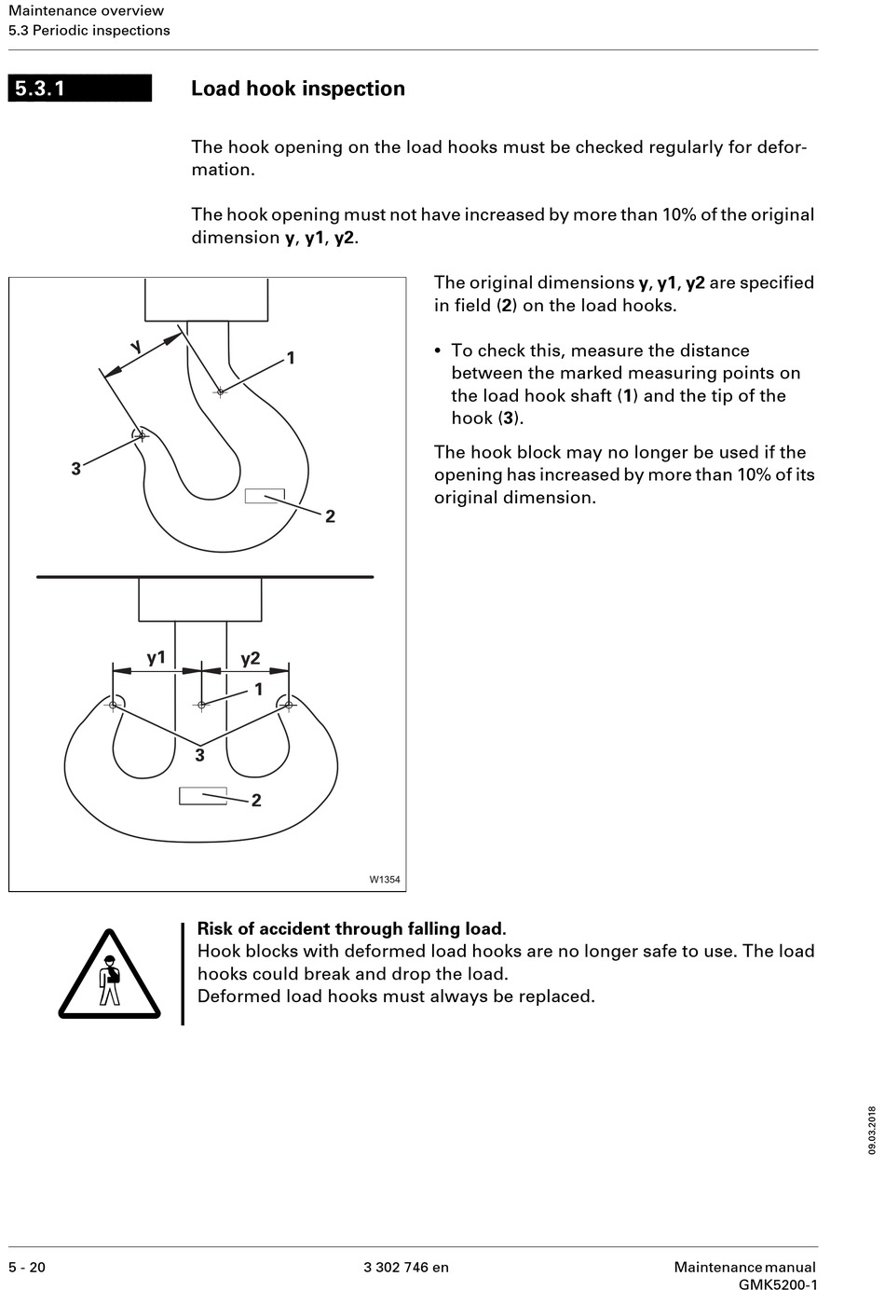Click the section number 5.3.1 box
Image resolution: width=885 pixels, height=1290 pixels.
click(79, 89)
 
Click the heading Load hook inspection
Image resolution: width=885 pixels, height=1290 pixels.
click(298, 89)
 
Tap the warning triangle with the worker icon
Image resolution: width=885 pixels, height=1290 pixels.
click(109, 974)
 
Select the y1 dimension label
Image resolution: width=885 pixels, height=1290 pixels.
click(157, 658)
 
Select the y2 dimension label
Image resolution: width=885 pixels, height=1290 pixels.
click(250, 658)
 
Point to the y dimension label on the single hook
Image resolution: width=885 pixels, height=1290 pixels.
click(137, 347)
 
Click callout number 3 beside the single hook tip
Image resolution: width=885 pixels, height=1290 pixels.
click(76, 469)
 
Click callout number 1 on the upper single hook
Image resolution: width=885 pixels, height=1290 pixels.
click(291, 358)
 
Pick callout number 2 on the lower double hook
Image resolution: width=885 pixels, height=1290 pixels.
click(256, 801)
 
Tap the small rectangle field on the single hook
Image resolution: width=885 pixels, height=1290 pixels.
click(265, 496)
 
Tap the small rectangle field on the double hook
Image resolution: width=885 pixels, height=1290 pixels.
click(202, 796)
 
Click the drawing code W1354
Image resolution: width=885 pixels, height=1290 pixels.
click(385, 879)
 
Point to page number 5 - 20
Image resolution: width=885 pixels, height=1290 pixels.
click(27, 1267)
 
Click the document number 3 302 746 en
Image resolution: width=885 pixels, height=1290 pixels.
click(406, 1267)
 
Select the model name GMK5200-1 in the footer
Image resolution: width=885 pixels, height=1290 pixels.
click(778, 1284)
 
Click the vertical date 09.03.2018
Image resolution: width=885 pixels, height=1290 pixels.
click(872, 1130)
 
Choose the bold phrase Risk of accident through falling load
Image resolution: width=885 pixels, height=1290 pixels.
click(351, 928)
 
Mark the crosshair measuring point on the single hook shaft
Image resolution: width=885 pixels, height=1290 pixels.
click(220, 391)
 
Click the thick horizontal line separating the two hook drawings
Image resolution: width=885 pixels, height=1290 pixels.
click(205, 577)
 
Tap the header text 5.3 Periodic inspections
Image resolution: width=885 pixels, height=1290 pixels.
click(89, 30)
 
